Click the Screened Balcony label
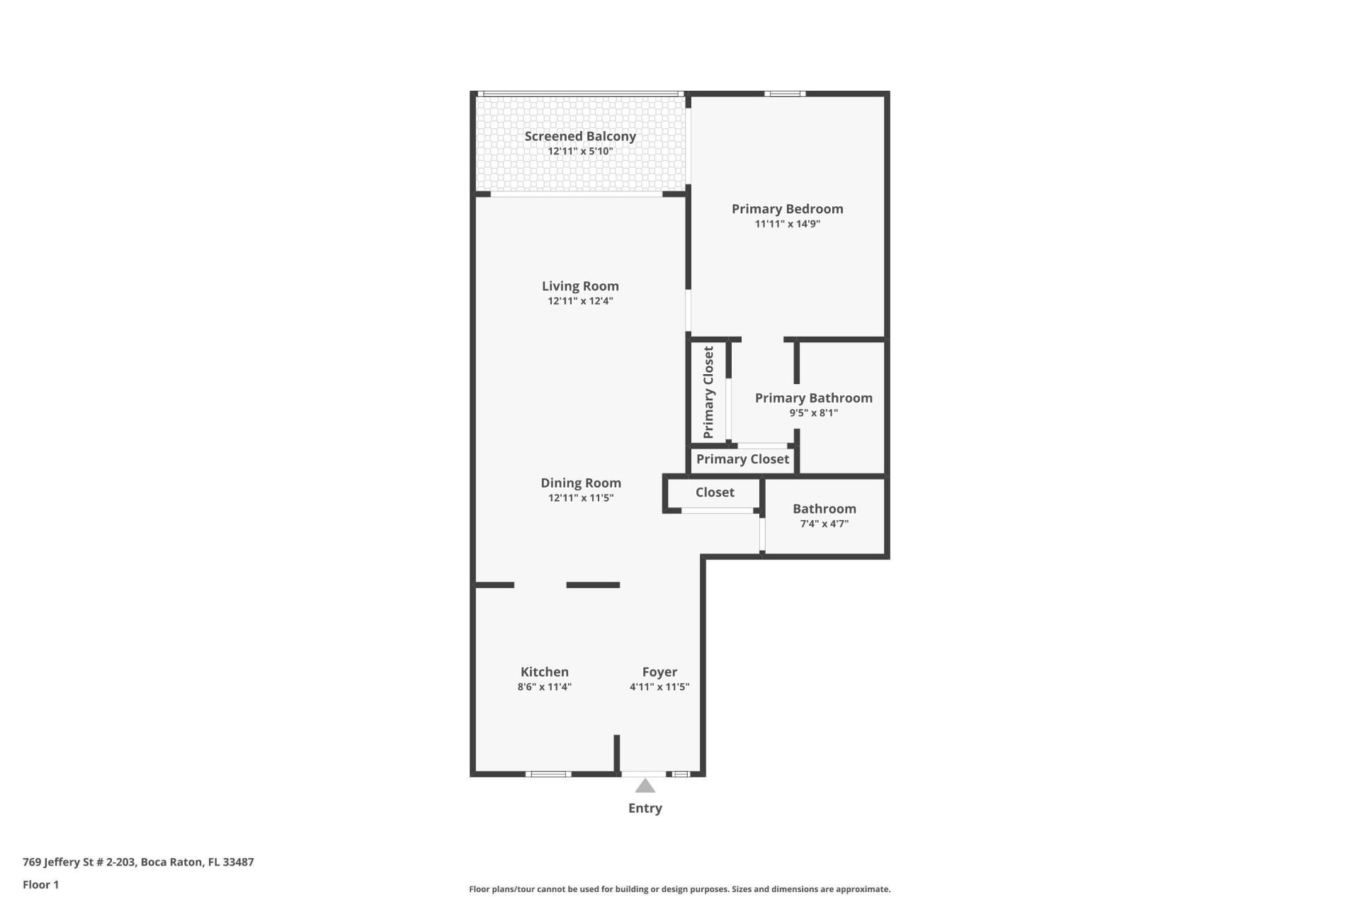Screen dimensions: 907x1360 pyautogui.click(x=580, y=136)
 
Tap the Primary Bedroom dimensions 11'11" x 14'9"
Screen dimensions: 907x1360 pyautogui.click(x=787, y=224)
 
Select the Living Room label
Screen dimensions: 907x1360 pyautogui.click(x=580, y=286)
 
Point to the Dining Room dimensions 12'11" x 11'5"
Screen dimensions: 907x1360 pyautogui.click(x=580, y=497)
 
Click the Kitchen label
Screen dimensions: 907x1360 pyautogui.click(x=544, y=672)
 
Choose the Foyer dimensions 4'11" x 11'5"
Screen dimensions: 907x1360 pyautogui.click(x=659, y=687)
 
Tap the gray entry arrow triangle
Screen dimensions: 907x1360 pyautogui.click(x=645, y=786)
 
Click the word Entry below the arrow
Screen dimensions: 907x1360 pyautogui.click(x=645, y=808)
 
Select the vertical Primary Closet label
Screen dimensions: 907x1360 pyautogui.click(x=708, y=392)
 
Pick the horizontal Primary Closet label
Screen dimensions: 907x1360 pyautogui.click(x=742, y=459)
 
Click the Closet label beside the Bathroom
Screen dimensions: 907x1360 pyautogui.click(x=715, y=492)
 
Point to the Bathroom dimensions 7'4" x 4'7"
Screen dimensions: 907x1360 pyautogui.click(x=824, y=524)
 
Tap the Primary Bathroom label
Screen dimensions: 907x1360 pyautogui.click(x=813, y=398)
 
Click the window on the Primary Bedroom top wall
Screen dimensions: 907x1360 pyautogui.click(x=785, y=94)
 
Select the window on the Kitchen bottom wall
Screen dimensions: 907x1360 pyautogui.click(x=548, y=774)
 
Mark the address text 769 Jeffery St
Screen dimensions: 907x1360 pyautogui.click(x=138, y=862)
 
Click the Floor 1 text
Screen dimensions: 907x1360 pyautogui.click(x=40, y=884)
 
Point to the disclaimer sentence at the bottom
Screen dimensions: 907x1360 pyautogui.click(x=679, y=889)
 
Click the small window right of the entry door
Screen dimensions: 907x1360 pyautogui.click(x=680, y=774)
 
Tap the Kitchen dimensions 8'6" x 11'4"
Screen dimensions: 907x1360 pyautogui.click(x=544, y=687)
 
